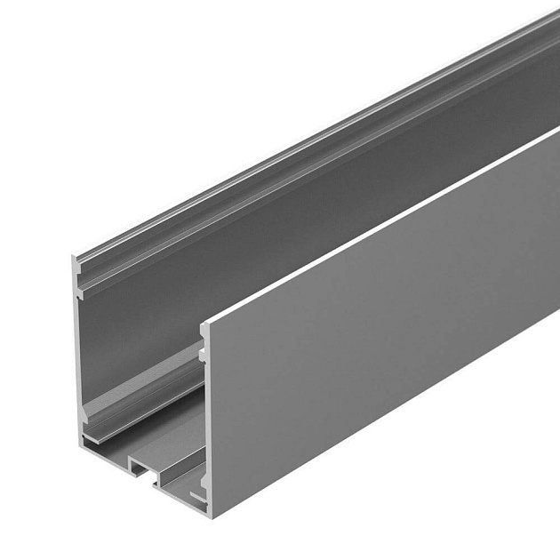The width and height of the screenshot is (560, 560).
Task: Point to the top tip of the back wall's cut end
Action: (74, 258)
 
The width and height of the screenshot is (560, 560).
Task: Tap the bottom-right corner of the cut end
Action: (210, 513)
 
